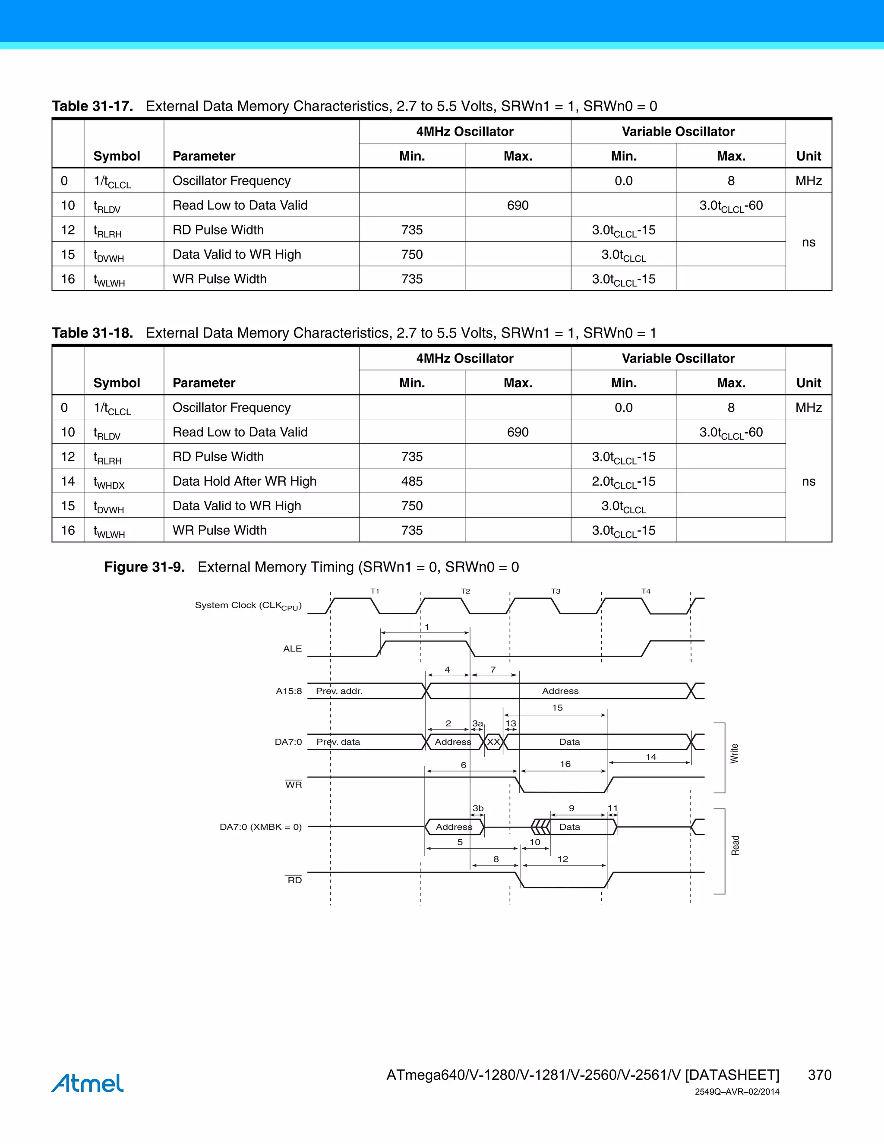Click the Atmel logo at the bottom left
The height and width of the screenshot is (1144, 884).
tap(88, 1083)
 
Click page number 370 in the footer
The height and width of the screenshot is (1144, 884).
tap(819, 1075)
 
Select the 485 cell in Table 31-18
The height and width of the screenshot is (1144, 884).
tap(412, 481)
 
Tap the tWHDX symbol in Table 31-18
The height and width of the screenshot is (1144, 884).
tap(109, 482)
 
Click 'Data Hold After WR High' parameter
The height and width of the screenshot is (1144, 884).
tap(245, 481)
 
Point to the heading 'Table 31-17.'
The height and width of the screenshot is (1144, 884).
tap(92, 106)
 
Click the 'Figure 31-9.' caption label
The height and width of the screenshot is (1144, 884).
tap(144, 567)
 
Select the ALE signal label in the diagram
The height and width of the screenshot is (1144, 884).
tap(292, 648)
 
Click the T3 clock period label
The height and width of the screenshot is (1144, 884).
tap(556, 591)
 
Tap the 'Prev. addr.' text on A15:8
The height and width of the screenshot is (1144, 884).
tap(339, 691)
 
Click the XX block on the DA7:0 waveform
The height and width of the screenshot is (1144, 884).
tap(493, 742)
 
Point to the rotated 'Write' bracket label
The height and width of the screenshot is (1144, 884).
tap(734, 753)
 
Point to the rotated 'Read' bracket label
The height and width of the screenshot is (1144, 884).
tap(735, 845)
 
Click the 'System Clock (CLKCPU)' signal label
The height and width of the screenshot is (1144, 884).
tap(248, 606)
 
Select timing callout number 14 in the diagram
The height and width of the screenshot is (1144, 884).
tap(650, 756)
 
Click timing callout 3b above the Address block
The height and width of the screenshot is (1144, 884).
tap(478, 808)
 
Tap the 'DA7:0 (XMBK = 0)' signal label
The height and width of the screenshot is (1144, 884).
tap(260, 827)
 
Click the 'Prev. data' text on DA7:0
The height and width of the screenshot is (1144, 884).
tap(338, 742)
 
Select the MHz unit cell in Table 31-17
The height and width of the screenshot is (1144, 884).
tap(808, 181)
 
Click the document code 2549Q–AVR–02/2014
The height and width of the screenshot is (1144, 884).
tap(737, 1092)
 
